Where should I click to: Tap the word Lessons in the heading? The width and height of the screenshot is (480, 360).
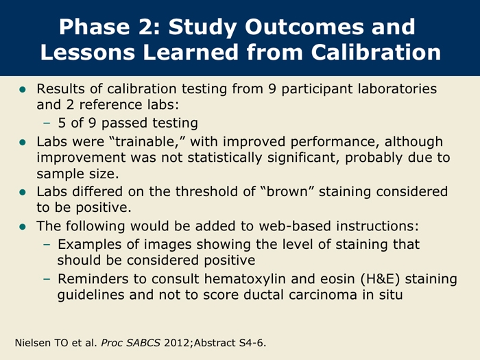coord(88,52)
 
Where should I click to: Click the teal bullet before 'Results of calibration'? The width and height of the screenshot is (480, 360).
coord(23,89)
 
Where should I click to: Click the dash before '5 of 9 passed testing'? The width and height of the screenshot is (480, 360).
coord(47,123)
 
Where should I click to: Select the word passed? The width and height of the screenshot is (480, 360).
coord(125,123)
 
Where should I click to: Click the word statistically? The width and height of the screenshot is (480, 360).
coord(225,158)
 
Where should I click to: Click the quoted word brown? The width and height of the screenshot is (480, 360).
coord(287,191)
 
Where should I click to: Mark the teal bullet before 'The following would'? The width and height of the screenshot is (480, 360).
coord(23,227)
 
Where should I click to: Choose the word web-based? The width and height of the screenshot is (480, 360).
coord(295,226)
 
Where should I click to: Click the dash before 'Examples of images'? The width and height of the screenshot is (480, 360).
coord(47,245)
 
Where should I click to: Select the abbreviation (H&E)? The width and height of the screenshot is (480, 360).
coord(380,279)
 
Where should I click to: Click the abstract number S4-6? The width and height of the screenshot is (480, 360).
coord(252,343)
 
